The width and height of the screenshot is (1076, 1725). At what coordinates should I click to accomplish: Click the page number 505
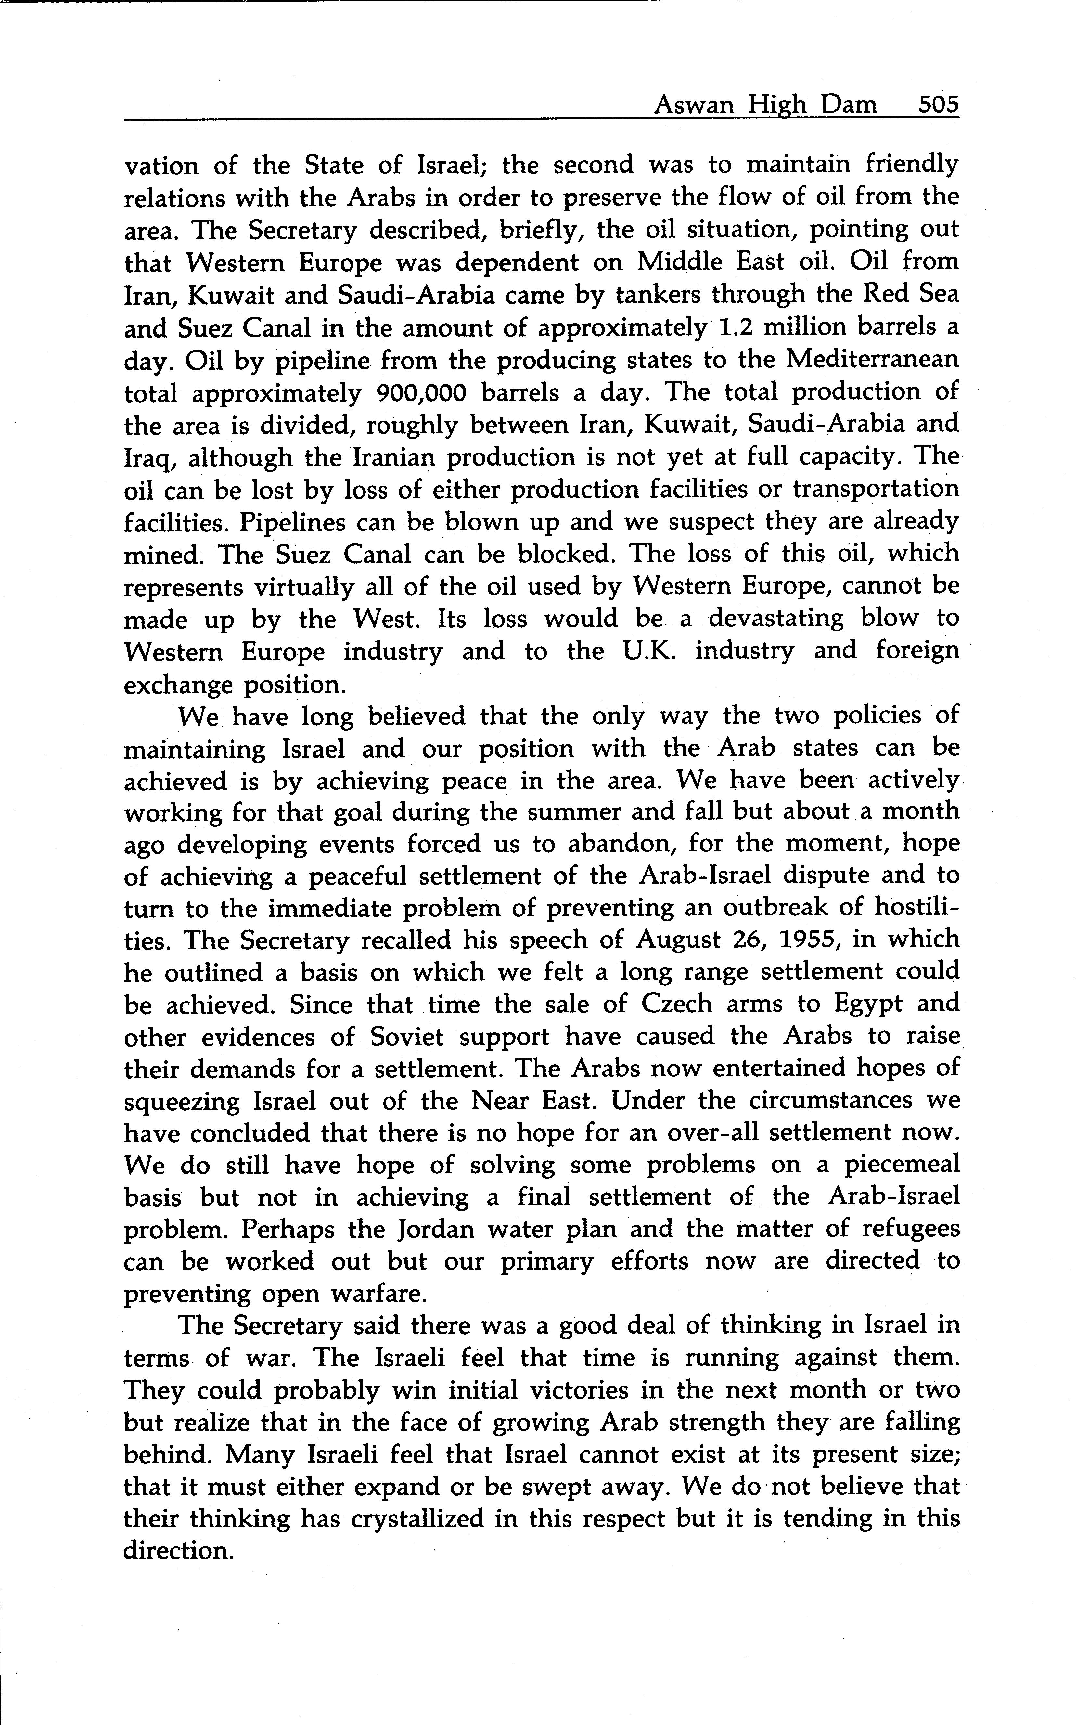pyautogui.click(x=938, y=105)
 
